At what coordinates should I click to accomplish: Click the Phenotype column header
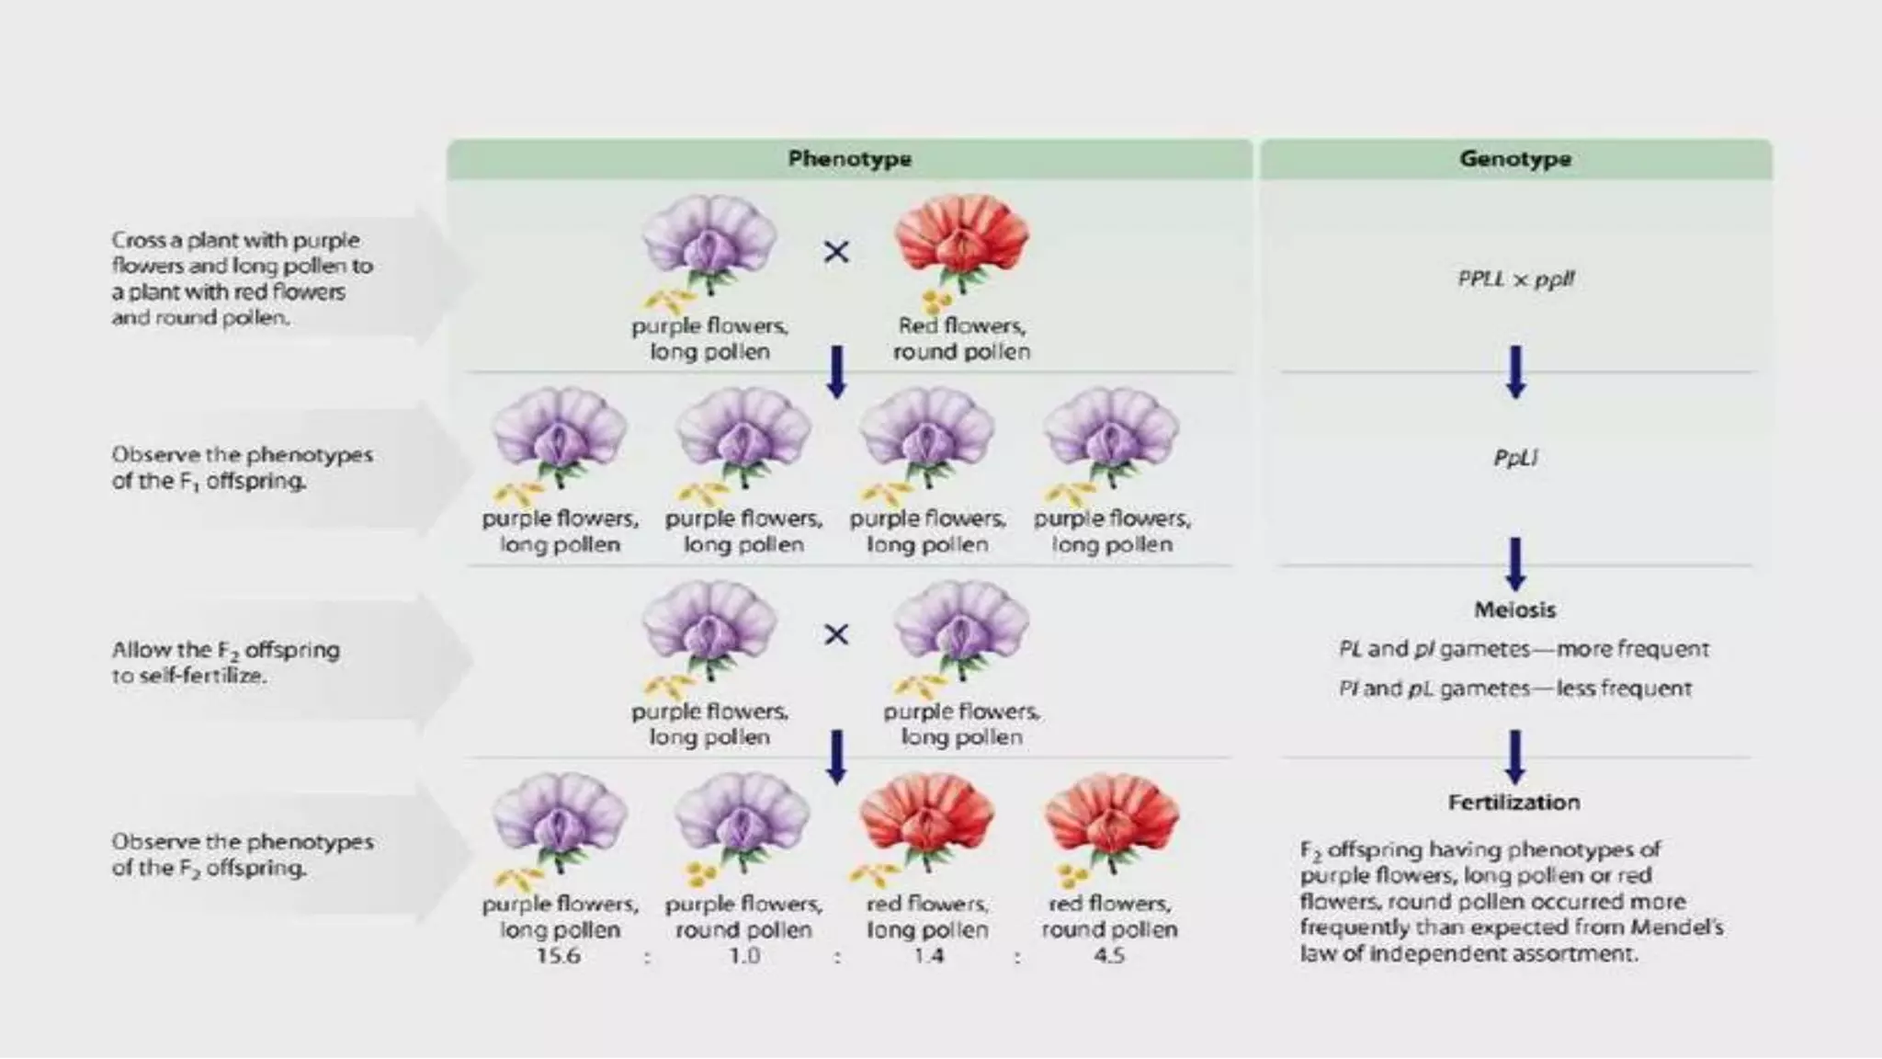point(849,159)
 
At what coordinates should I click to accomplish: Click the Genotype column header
point(1515,159)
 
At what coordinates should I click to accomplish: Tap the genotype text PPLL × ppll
point(1515,279)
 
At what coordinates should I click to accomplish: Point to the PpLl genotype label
point(1515,457)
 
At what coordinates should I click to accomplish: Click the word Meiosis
point(1515,609)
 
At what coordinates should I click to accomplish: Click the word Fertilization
point(1514,803)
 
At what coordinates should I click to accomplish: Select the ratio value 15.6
point(559,956)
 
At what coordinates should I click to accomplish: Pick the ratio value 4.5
point(1109,956)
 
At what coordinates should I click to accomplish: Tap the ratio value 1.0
point(744,956)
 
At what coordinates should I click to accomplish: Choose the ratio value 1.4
point(928,956)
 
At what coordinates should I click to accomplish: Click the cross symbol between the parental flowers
point(836,252)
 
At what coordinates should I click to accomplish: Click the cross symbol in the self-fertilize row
point(836,634)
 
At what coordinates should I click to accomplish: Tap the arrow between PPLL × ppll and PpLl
point(1515,371)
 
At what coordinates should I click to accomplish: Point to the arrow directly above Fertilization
point(1515,756)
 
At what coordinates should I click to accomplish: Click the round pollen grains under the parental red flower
point(935,301)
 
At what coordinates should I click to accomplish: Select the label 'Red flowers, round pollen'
point(961,338)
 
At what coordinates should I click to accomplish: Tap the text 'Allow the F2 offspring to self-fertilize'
point(225,662)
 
